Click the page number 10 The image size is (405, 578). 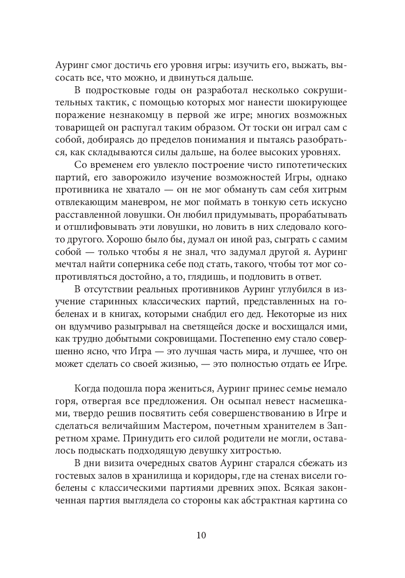click(202, 535)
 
